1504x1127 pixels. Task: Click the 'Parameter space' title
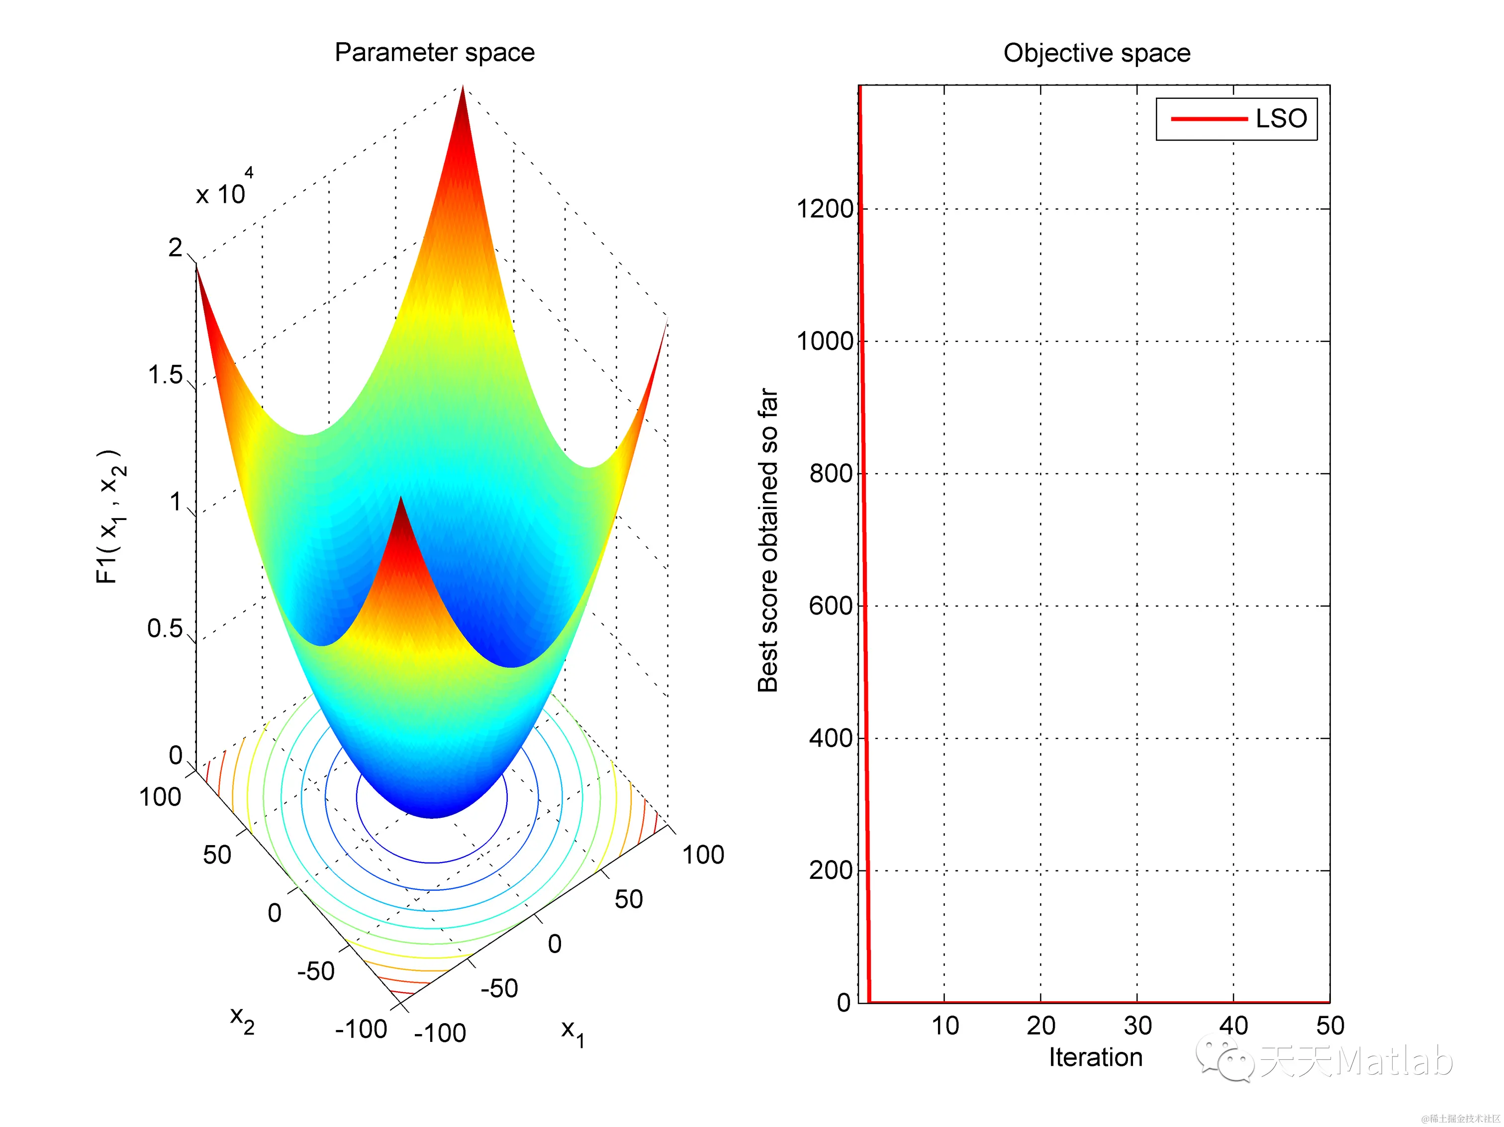[435, 52]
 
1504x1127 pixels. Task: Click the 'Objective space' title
[1097, 53]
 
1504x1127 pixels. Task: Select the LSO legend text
[1281, 119]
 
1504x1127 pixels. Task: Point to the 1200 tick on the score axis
[824, 209]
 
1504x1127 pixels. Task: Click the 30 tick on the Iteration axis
[1137, 1025]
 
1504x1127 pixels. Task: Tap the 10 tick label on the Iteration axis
[944, 1025]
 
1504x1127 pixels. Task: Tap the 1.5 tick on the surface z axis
[165, 374]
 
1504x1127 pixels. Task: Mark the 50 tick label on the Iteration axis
[1330, 1025]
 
